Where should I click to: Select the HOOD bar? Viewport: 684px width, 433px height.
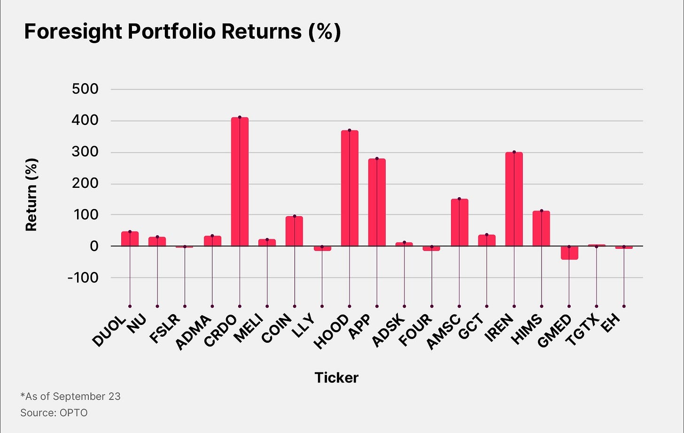tap(350, 188)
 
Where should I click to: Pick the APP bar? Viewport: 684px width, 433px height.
tap(377, 202)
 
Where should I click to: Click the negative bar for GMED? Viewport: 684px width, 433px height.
tap(569, 253)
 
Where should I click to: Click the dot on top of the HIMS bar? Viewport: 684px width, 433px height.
tap(542, 211)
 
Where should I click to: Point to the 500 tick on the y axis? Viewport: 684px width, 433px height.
tap(85, 89)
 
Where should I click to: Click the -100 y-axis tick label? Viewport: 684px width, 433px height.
tap(83, 278)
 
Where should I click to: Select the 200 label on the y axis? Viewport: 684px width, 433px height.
tap(85, 184)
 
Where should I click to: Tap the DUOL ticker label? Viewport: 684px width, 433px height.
tap(109, 331)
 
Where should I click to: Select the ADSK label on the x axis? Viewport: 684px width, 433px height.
tap(388, 331)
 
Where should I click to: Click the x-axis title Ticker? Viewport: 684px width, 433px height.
tap(336, 378)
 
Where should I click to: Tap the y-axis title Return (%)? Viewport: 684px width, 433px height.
tap(31, 194)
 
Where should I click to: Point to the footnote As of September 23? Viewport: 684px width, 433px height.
tap(70, 396)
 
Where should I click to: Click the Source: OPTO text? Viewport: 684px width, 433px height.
tap(54, 413)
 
